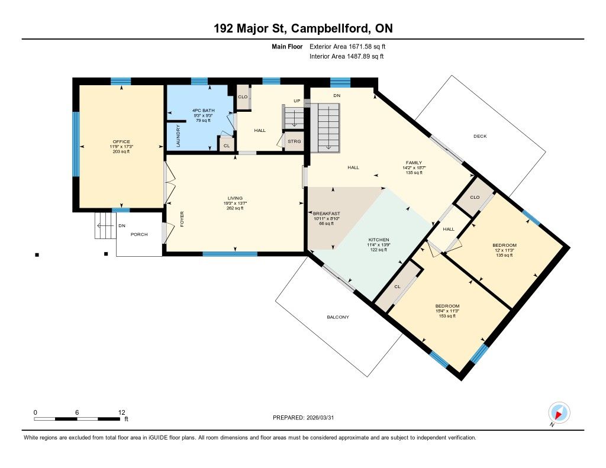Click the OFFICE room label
(121, 142)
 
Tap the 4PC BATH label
(204, 111)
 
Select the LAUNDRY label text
(178, 135)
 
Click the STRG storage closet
(294, 141)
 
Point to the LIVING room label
(235, 198)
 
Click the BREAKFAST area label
(327, 214)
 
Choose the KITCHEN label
(378, 240)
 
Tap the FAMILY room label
(414, 163)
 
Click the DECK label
(480, 136)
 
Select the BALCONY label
(338, 317)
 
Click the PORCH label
(139, 234)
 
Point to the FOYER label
(182, 219)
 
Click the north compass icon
(559, 413)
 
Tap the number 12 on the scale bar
(122, 412)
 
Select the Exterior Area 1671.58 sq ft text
(347, 47)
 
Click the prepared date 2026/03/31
(320, 418)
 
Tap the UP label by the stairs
(297, 101)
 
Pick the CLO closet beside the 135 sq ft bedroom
(475, 198)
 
